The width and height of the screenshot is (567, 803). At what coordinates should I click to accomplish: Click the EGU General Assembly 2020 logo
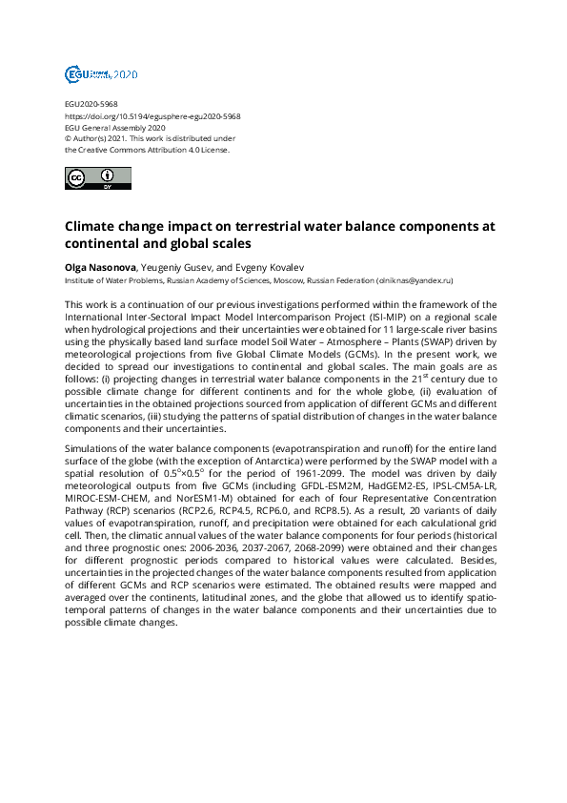click(101, 74)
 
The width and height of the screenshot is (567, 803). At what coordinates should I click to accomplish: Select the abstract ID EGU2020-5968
click(91, 104)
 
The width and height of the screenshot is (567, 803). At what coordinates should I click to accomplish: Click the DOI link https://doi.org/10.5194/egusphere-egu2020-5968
click(152, 115)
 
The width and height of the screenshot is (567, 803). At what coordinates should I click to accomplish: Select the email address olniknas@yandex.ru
click(415, 281)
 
